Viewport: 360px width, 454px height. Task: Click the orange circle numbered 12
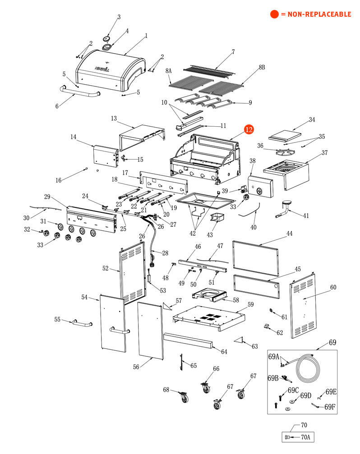249,129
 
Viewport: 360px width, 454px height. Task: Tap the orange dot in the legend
274,14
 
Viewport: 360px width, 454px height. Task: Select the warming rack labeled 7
210,70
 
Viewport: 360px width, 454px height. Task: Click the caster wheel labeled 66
206,387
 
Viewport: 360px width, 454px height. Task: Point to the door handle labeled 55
81,324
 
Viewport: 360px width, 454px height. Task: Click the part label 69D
306,395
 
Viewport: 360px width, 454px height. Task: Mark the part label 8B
262,68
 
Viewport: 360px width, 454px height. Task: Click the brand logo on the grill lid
102,69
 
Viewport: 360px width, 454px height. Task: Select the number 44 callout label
289,234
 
